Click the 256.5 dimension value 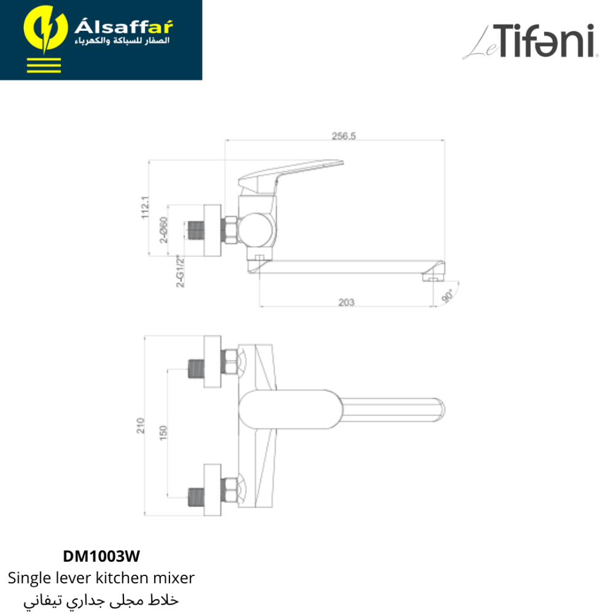tap(343, 136)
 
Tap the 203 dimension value tap(346, 302)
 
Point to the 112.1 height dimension tap(146, 207)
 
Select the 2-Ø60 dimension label tap(164, 230)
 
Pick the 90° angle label tap(447, 296)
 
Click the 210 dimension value tap(140, 426)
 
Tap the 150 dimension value tap(163, 433)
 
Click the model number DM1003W tap(101, 556)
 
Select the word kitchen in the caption tap(123, 578)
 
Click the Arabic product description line tap(101, 600)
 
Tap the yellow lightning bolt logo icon tap(45, 29)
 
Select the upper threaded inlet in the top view tap(196, 368)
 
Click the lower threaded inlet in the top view tap(196, 497)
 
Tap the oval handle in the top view tap(290, 409)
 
